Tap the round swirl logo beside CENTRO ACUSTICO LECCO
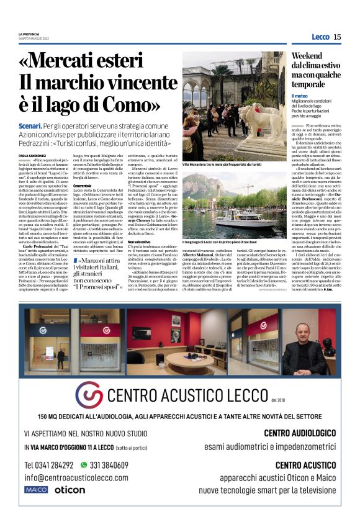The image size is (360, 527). click(89, 395)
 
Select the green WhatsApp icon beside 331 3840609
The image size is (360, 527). click(84, 464)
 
